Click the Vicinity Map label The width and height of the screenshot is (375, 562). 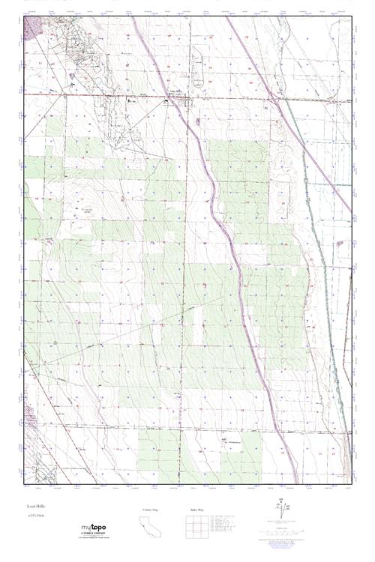151,510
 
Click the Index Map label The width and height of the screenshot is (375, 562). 195,510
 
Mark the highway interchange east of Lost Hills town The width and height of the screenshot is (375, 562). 274,98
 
